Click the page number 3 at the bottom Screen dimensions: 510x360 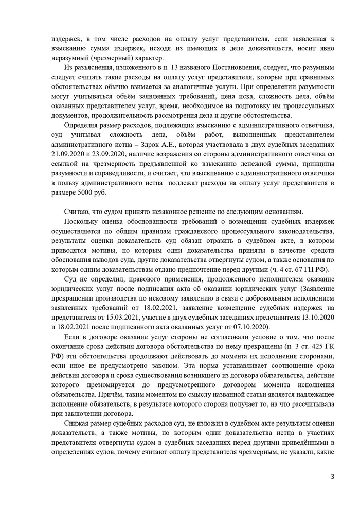tap(332, 477)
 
